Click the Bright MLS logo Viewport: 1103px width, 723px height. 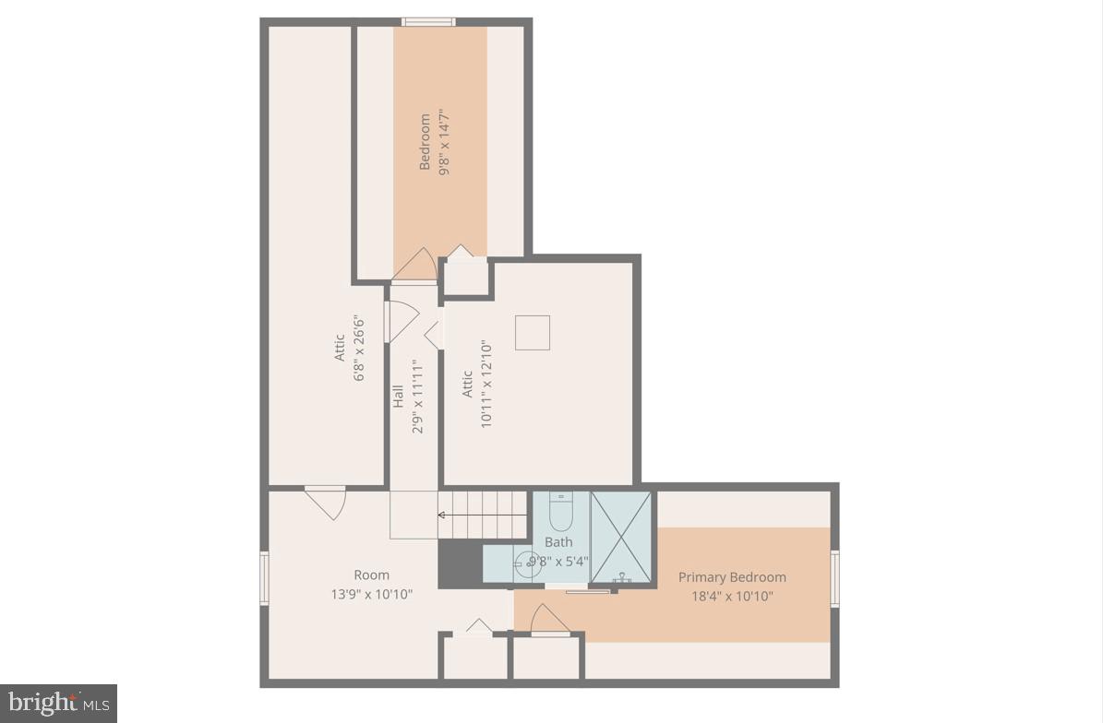57,704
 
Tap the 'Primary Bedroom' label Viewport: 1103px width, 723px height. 732,577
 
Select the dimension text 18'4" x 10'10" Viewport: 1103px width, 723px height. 732,596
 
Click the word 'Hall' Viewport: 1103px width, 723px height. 399,396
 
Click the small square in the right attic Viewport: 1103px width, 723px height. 532,333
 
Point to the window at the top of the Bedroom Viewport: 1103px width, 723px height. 427,21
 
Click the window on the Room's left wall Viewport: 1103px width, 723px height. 264,578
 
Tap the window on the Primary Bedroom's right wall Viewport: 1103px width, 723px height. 834,578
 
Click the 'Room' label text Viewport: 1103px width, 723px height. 371,575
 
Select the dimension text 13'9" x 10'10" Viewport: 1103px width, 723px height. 371,595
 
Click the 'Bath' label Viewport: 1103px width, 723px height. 557,542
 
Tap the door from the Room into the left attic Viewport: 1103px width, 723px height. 325,502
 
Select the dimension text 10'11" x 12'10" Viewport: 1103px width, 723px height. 486,384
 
